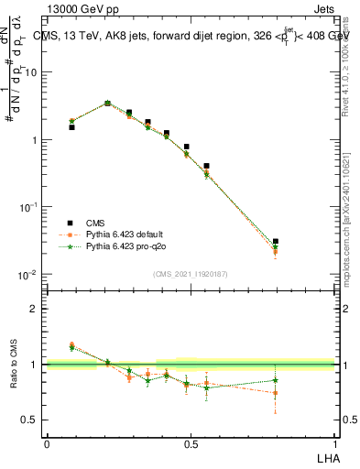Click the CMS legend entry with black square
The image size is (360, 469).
[94, 222]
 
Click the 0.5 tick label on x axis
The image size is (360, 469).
[191, 443]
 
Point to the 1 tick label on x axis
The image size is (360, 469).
[334, 443]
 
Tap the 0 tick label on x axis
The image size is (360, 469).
[47, 443]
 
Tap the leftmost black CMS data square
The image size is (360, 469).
[71, 127]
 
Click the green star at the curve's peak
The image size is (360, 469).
[107, 104]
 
